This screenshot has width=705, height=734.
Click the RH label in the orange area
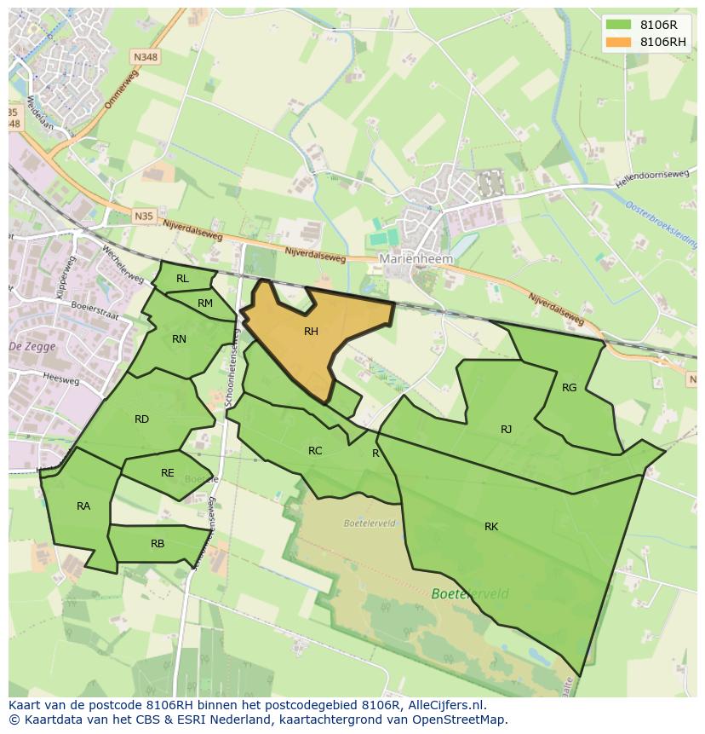pos(311,332)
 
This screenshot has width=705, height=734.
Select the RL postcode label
pos(182,279)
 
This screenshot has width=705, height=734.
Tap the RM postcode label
pos(205,303)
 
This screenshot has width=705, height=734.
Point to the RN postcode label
pos(179,339)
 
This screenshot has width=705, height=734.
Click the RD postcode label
pos(141,419)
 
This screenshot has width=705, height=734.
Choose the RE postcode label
pos(168,473)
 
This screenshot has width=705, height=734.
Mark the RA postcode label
pos(83,506)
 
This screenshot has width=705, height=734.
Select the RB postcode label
pos(158,544)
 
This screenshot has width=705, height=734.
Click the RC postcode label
pos(315,451)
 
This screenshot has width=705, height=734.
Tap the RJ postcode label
pos(507,430)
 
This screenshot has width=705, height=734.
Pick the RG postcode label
pos(570,388)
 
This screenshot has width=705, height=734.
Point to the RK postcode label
pos(491,527)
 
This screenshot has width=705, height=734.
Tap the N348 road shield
pos(145,57)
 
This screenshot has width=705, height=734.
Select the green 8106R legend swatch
pos(619,25)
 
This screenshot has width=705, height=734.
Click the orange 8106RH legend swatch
pos(619,42)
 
